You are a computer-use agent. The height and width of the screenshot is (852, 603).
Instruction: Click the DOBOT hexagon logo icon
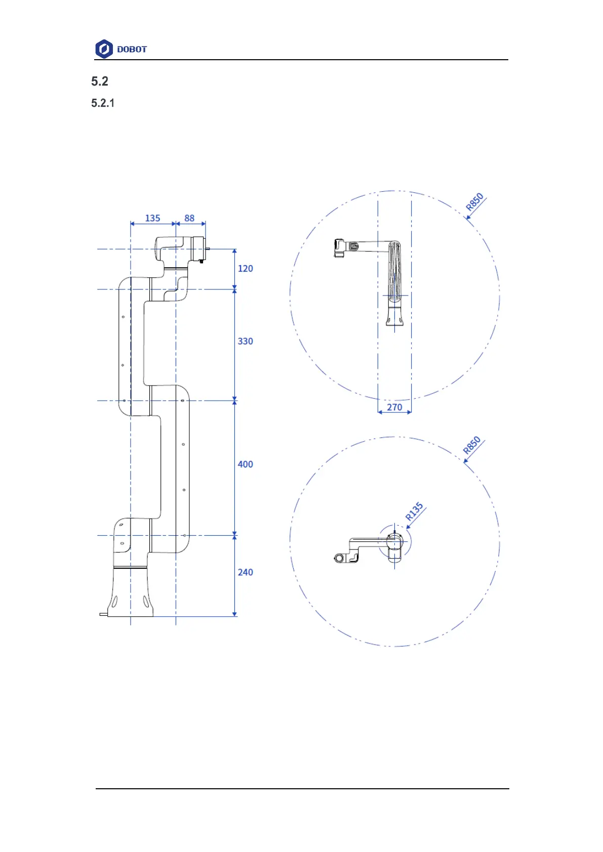tap(104, 49)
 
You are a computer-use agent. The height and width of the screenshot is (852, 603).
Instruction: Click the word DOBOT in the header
tap(132, 50)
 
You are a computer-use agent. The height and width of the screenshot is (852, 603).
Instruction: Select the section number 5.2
tap(100, 81)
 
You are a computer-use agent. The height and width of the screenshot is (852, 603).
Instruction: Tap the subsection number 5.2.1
tap(103, 103)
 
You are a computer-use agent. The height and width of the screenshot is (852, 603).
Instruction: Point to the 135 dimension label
tap(153, 219)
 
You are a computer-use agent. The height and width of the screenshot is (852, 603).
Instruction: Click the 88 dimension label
tap(189, 219)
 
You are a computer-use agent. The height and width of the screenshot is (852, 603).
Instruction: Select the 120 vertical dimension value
tap(246, 269)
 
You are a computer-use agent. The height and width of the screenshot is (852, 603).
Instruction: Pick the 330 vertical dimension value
tap(246, 341)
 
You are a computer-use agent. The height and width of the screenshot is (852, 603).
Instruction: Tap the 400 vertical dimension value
tap(246, 464)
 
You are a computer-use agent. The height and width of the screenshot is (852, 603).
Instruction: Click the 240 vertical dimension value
tap(246, 572)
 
